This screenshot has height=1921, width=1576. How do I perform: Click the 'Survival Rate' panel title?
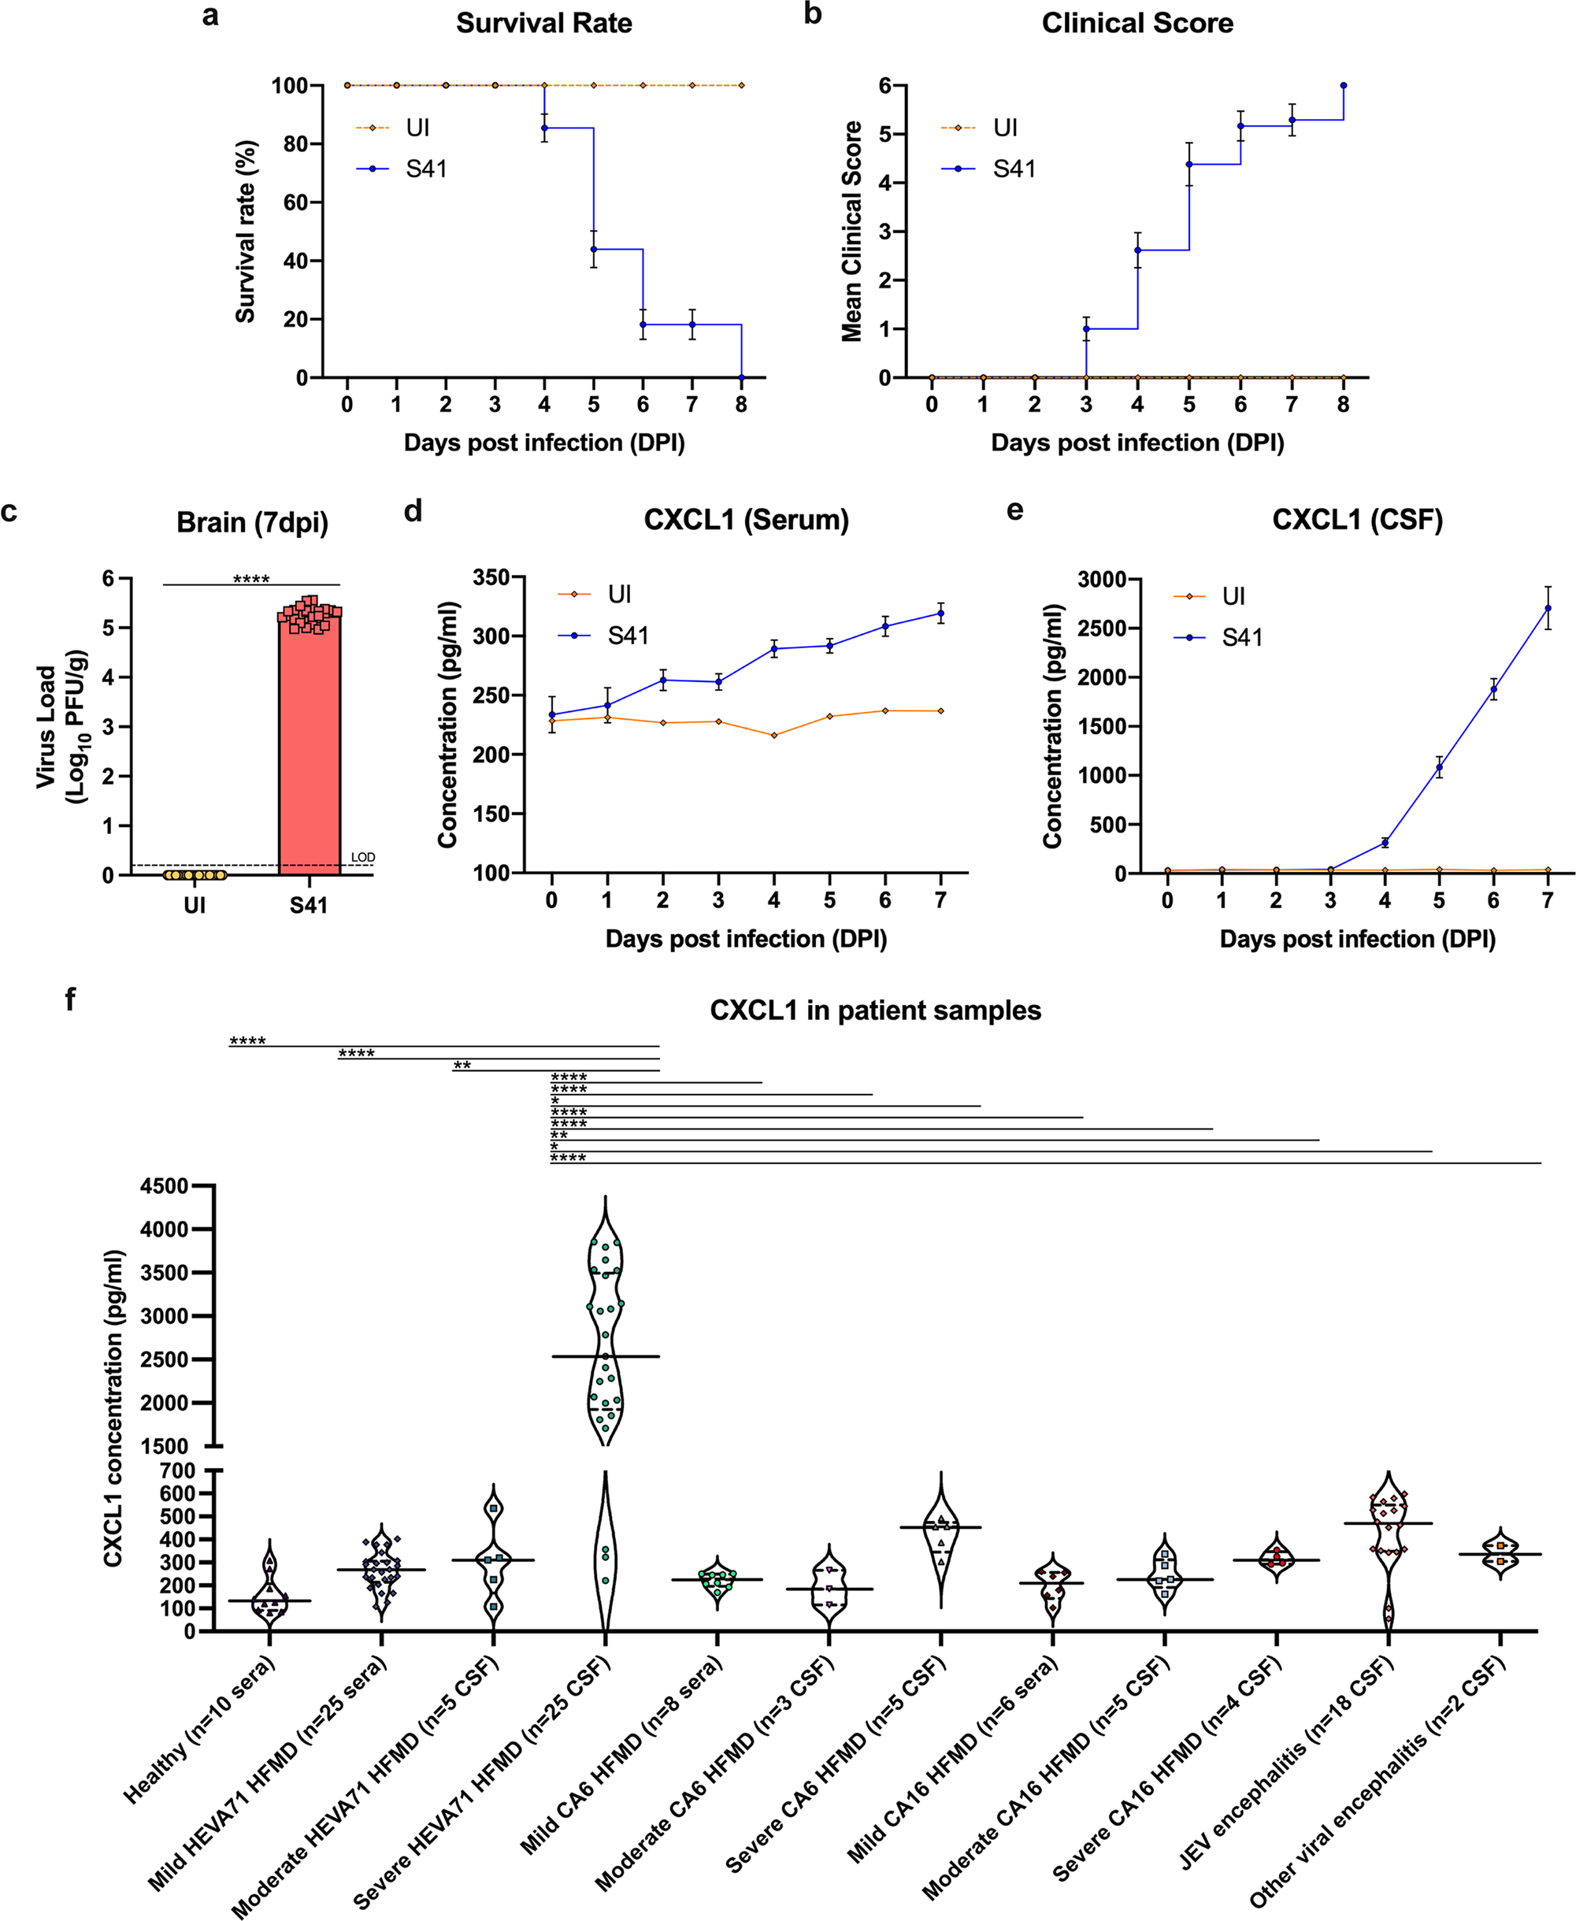[543, 24]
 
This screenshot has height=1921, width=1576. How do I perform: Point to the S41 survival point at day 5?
[594, 249]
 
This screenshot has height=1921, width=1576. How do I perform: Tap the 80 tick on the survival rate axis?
[290, 144]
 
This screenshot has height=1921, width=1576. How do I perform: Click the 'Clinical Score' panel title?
[1137, 24]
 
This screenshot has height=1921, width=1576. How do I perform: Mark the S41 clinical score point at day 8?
[1344, 85]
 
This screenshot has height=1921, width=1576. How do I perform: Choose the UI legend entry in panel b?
[1005, 128]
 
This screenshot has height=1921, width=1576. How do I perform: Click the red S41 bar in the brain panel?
[310, 754]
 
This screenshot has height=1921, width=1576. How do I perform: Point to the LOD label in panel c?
[363, 857]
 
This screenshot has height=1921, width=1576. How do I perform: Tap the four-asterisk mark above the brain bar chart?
[251, 579]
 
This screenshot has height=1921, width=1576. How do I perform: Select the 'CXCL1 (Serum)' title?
[746, 520]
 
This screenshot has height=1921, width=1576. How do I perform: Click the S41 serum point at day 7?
[940, 614]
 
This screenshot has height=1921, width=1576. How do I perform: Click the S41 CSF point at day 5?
[1439, 768]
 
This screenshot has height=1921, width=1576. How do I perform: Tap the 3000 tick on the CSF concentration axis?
[1102, 579]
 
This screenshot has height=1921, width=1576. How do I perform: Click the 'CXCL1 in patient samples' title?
[875, 1011]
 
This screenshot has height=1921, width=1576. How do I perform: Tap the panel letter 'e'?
[1015, 510]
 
